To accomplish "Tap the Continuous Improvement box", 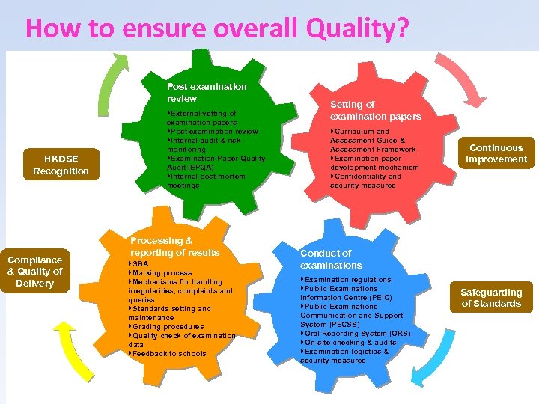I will pyautogui.click(x=496, y=153).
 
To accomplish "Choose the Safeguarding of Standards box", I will pyautogui.click(x=491, y=298).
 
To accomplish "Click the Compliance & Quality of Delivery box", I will pyautogui.click(x=35, y=272).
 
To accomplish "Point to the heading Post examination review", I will pyautogui.click(x=206, y=92).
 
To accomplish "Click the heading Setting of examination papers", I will pyautogui.click(x=375, y=110).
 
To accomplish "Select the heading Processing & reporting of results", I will pyautogui.click(x=174, y=246).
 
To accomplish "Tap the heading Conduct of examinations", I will pyautogui.click(x=331, y=259).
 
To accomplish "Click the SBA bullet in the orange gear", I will pyautogui.click(x=140, y=264).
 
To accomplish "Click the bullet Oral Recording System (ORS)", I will pyautogui.click(x=357, y=334).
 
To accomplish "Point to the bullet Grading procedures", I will pyautogui.click(x=167, y=326).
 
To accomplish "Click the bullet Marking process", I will pyautogui.click(x=161, y=273).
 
